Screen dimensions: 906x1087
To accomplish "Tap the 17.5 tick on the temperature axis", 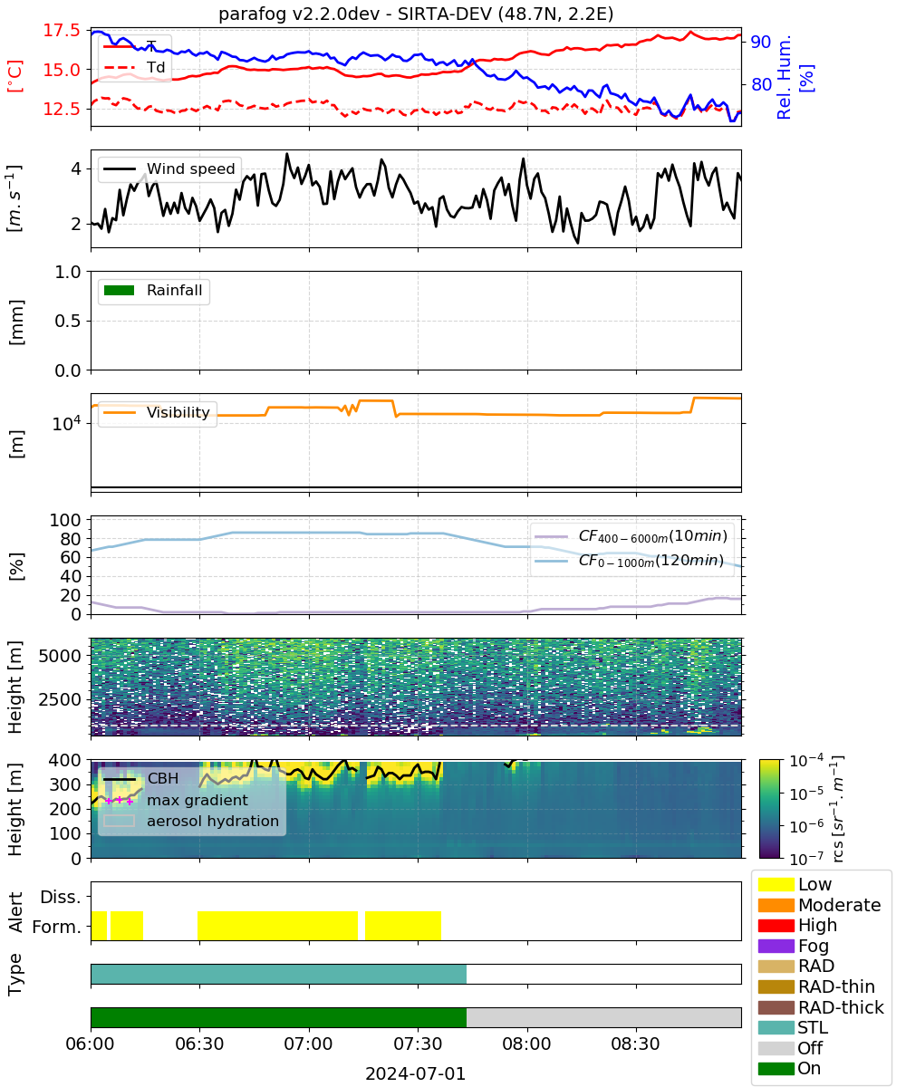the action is point(62,30).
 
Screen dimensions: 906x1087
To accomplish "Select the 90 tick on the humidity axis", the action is point(760,42).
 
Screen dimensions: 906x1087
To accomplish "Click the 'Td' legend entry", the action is point(134,67).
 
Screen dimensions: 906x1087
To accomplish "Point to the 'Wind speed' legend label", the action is point(190,168).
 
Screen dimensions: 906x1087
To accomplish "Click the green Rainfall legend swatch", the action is point(120,290).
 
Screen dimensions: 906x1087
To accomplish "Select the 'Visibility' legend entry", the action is point(156,412).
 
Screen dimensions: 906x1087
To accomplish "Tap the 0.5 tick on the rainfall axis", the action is point(68,322).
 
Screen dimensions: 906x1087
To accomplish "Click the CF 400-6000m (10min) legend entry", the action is point(631,535).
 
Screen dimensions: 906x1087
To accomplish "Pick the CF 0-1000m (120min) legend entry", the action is point(630,561).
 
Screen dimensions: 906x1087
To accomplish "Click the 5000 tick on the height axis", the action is point(60,656).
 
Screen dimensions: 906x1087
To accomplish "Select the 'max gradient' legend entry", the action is point(176,800).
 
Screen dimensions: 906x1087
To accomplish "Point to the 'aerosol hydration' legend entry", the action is point(191,821).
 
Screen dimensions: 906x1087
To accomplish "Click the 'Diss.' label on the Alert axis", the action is point(61,897).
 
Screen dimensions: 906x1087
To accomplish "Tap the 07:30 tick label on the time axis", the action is point(418,1044).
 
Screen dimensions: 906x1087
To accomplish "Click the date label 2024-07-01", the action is point(415,1073).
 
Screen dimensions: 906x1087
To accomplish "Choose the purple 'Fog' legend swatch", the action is point(776,946).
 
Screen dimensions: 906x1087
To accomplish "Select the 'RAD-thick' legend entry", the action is point(821,1007).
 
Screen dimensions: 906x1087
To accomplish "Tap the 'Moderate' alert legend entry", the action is point(819,905).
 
